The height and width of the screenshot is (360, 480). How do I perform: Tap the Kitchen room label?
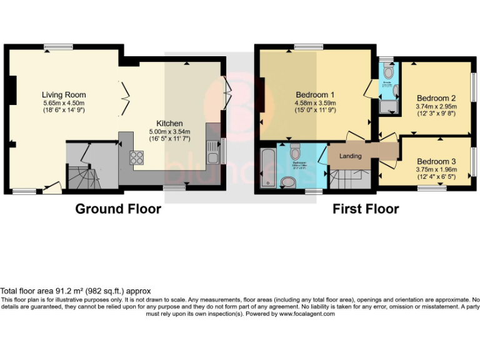point(169,123)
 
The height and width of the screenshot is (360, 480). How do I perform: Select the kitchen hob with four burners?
point(136,157)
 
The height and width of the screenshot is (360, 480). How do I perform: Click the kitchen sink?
point(213,153)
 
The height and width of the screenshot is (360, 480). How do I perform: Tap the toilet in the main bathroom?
point(295,151)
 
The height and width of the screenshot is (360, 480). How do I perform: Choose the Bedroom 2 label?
point(436,98)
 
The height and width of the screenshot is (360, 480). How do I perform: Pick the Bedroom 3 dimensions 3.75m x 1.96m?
point(436,169)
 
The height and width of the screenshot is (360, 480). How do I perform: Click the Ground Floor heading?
point(118,209)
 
